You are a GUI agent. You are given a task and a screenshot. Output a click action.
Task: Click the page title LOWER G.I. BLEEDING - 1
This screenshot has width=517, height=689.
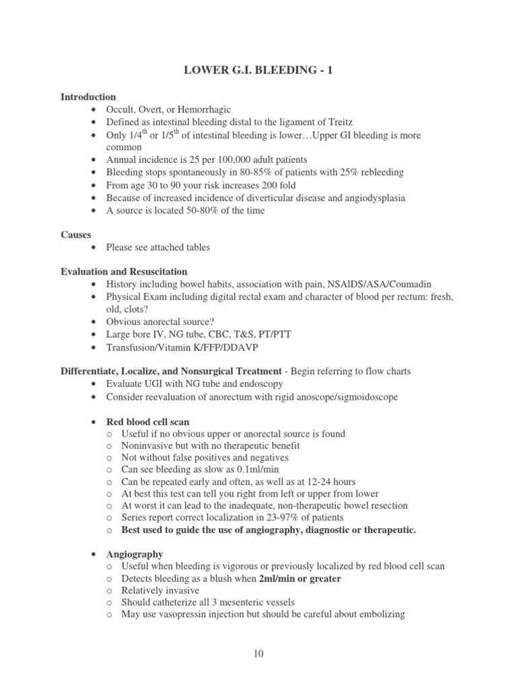coord(258,72)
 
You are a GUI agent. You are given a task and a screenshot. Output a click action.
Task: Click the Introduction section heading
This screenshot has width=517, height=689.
coord(88,97)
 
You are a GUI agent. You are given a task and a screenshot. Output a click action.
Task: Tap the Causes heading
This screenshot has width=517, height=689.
coord(77,234)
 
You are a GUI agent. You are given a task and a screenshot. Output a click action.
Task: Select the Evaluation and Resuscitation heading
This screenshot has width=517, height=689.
coord(125,271)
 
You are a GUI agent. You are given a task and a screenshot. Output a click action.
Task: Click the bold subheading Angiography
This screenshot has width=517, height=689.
coord(135,554)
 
